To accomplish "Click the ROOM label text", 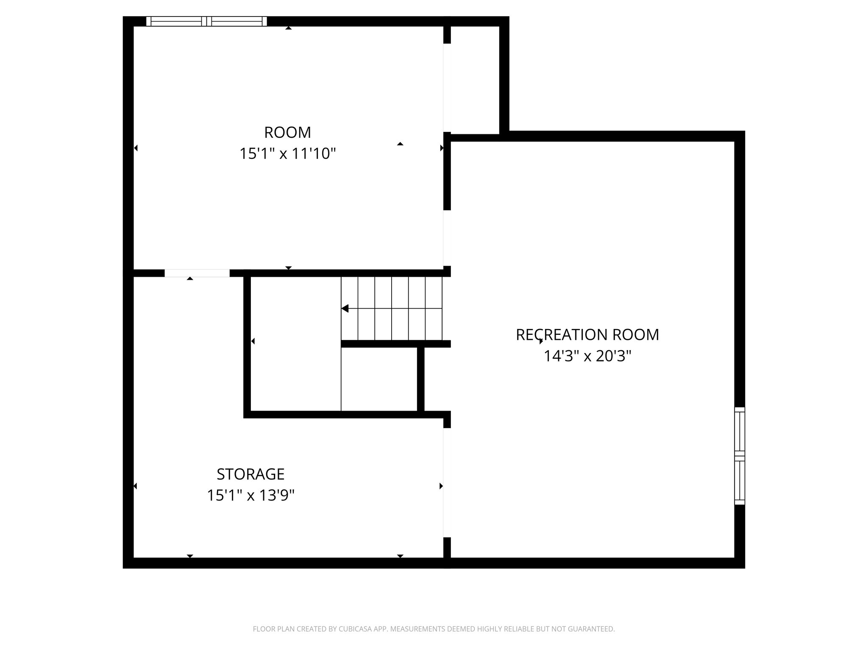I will click(x=287, y=133).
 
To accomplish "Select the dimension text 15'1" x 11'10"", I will click(x=287, y=153).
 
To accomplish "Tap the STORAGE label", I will click(x=250, y=474).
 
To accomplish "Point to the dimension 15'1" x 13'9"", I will click(x=250, y=495).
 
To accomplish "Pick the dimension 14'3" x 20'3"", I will click(x=587, y=356).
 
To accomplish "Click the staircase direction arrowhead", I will click(x=345, y=308).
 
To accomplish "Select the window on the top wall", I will click(x=206, y=21).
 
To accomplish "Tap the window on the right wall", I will click(x=739, y=456).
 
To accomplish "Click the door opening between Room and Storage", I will click(x=197, y=273).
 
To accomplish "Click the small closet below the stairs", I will click(x=379, y=379).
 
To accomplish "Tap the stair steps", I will click(x=392, y=308).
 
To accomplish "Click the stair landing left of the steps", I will click(x=295, y=343).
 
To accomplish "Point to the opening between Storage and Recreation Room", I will click(x=446, y=483).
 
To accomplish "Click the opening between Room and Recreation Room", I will click(x=446, y=238).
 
